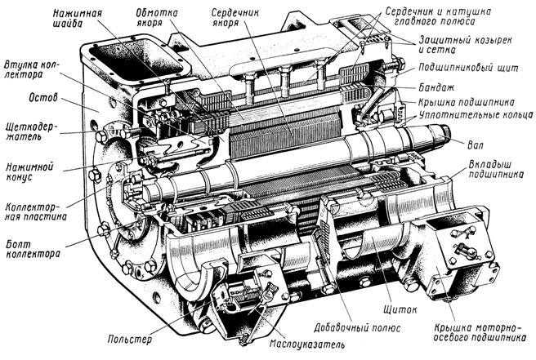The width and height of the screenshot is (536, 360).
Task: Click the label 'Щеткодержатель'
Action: point(30,134)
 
